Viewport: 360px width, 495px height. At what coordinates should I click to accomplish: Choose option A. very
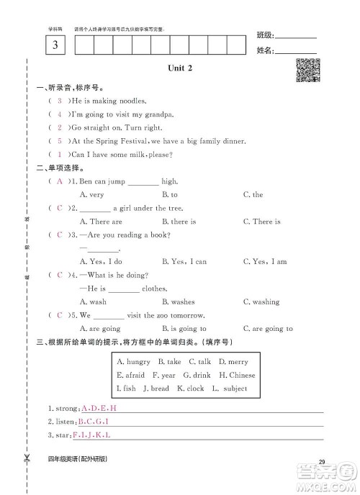click(91, 194)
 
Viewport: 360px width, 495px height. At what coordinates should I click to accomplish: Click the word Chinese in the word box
click(242, 375)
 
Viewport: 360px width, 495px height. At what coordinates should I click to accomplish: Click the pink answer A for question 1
click(59, 181)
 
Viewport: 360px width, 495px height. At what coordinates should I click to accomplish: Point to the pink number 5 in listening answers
click(59, 141)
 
